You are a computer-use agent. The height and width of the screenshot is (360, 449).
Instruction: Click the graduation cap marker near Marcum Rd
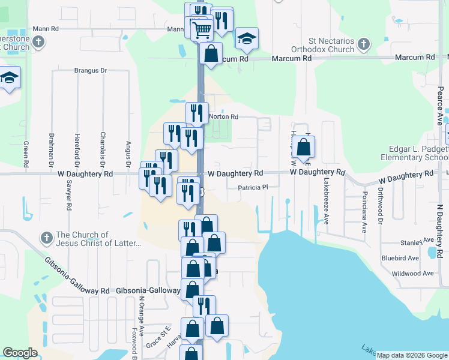pyautogui.click(x=247, y=40)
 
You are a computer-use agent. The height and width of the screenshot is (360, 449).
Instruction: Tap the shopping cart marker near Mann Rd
pyautogui.click(x=202, y=28)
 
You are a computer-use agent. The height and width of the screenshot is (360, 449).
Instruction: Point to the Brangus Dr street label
pyautogui.click(x=90, y=70)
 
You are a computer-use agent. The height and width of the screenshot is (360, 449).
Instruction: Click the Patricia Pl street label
pyautogui.click(x=252, y=187)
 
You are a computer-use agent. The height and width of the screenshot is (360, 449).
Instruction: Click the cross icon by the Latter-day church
pyautogui.click(x=46, y=239)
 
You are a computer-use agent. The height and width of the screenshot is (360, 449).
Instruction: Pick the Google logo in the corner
pyautogui.click(x=20, y=353)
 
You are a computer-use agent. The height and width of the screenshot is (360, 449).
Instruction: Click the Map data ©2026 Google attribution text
pyautogui.click(x=412, y=355)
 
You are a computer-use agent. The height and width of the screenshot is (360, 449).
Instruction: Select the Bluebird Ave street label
pyautogui.click(x=400, y=258)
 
